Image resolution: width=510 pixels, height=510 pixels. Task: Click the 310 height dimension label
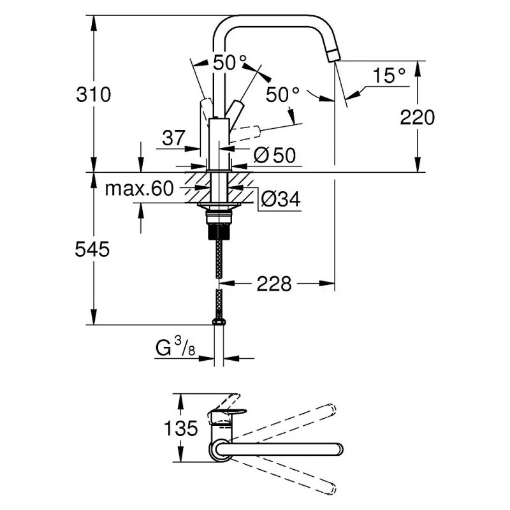pyautogui.click(x=93, y=94)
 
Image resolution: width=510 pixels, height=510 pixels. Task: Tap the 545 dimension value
pyautogui.click(x=92, y=250)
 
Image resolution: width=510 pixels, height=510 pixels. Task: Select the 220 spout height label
pyautogui.click(x=418, y=117)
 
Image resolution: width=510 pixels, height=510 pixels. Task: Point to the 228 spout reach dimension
pyautogui.click(x=274, y=284)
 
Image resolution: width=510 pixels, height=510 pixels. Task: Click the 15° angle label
pyautogui.click(x=389, y=76)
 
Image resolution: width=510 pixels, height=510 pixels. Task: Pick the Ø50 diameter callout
pyautogui.click(x=275, y=155)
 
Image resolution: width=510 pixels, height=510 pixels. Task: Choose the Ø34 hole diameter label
pyautogui.click(x=280, y=199)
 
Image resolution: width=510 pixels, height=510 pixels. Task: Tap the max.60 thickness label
pyautogui.click(x=139, y=188)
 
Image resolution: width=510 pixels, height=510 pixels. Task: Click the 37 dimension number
pyautogui.click(x=173, y=138)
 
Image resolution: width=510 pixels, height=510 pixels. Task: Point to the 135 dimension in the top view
pyautogui.click(x=181, y=428)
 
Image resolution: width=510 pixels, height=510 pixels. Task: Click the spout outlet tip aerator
pyautogui.click(x=333, y=56)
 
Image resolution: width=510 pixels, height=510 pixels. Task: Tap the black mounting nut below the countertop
pyautogui.click(x=219, y=231)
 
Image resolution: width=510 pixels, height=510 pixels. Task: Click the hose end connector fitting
pyautogui.click(x=219, y=322)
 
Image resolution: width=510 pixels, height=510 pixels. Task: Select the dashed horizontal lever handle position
pyautogui.click(x=245, y=134)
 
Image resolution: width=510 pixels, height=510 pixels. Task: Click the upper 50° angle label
pyautogui.click(x=229, y=62)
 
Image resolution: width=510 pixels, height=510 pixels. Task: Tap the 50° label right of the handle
pyautogui.click(x=282, y=94)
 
